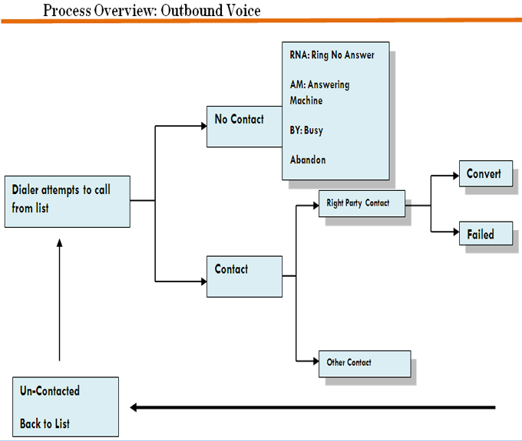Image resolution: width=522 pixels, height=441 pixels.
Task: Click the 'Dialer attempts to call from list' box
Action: tap(67, 201)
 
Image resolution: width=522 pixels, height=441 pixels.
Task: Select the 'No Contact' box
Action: tap(244, 126)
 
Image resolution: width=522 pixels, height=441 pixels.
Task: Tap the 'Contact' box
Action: tap(244, 275)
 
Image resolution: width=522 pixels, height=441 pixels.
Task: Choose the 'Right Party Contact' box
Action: tap(361, 204)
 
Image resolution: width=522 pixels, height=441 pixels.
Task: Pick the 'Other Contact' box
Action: tap(364, 364)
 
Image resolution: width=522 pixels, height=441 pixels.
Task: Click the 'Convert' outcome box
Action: tap(485, 175)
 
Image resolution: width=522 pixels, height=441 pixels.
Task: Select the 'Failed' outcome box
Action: tap(485, 234)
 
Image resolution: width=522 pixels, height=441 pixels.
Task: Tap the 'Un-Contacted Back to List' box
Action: tap(66, 406)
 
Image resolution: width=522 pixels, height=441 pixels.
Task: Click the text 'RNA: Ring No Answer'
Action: tap(332, 56)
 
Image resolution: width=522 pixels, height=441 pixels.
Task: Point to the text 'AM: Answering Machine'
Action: tap(319, 93)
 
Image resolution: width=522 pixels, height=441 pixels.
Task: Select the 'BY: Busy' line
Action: tap(306, 130)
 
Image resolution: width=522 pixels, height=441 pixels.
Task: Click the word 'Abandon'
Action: tap(308, 160)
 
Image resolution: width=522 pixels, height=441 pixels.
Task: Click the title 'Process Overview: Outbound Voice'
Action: tap(151, 10)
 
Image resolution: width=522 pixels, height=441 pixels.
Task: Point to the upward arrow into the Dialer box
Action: tap(59, 299)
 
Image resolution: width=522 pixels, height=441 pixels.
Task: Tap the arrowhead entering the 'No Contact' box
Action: tap(201, 126)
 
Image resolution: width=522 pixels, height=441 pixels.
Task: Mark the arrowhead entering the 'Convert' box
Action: tap(454, 175)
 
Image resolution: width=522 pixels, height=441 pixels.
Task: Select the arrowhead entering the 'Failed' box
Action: tap(454, 232)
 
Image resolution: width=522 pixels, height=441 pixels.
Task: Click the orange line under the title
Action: tap(261, 21)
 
